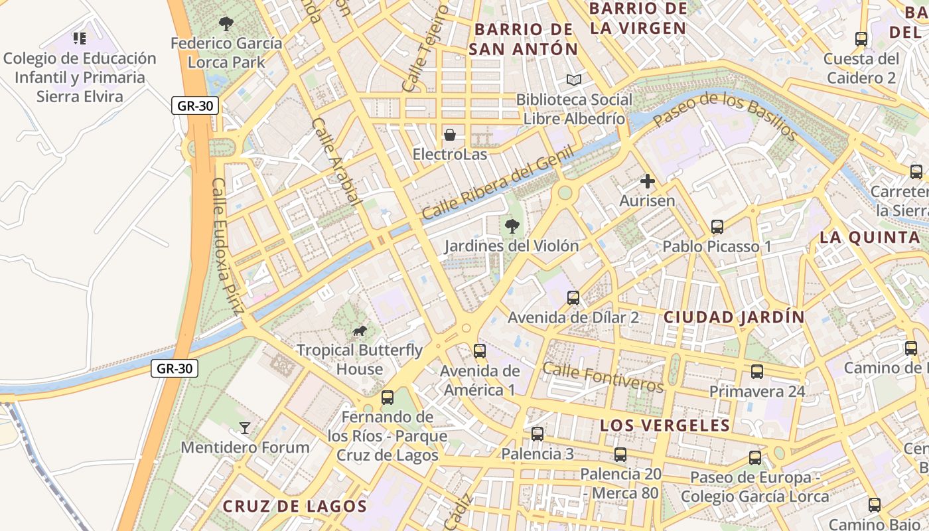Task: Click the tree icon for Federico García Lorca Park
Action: tap(226, 25)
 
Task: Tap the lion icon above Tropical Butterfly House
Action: tap(359, 331)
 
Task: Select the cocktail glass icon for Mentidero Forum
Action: tap(245, 428)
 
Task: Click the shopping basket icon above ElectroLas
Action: tap(450, 135)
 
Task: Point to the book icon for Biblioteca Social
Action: tap(574, 80)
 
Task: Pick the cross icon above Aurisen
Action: tap(647, 181)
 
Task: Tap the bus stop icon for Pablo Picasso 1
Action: tap(717, 227)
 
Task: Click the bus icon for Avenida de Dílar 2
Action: tap(573, 298)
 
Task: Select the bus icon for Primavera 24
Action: tap(757, 372)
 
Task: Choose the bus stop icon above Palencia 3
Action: tap(537, 434)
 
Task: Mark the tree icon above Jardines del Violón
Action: tap(512, 226)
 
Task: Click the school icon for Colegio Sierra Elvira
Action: tap(80, 38)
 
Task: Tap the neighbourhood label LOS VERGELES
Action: tap(665, 425)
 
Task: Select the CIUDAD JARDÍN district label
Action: tap(734, 317)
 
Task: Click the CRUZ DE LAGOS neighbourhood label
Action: tap(295, 506)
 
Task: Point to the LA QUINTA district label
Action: tap(869, 238)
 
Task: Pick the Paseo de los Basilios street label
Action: tap(725, 117)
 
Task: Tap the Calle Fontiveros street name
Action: tap(603, 376)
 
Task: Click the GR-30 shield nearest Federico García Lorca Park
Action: tap(195, 106)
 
